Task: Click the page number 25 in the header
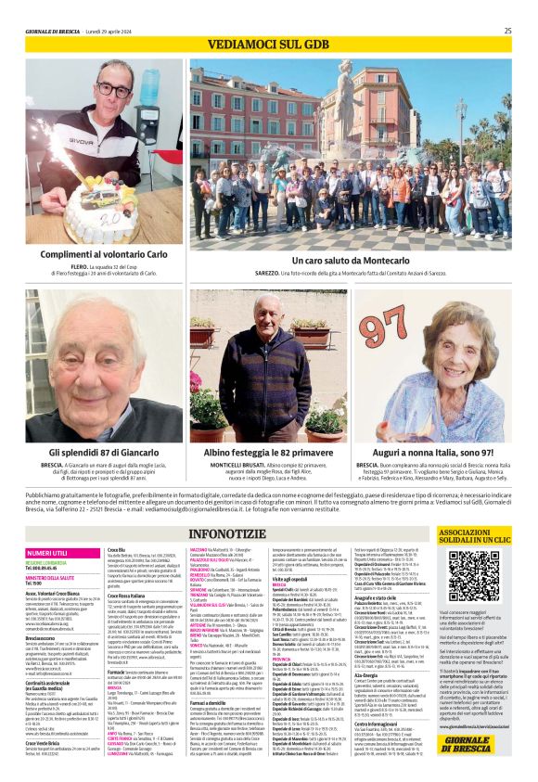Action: [x=507, y=31]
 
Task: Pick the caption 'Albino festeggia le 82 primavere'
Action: [x=267, y=452]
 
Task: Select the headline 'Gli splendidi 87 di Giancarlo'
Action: [x=105, y=452]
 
